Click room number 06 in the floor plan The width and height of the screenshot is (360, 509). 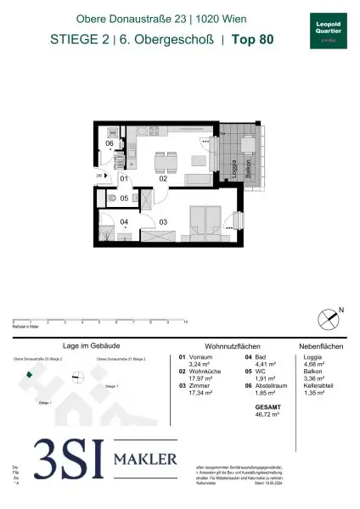(110, 143)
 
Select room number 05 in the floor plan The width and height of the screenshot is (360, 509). (123, 199)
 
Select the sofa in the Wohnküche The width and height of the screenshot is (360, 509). (198, 179)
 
